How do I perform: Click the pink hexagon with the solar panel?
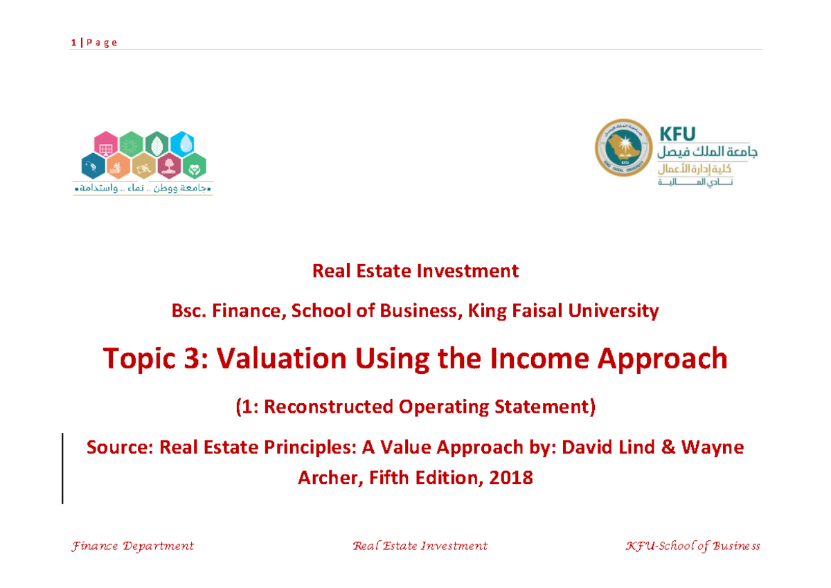click(106, 144)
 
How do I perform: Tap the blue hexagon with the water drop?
click(181, 144)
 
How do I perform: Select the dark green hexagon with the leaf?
click(157, 144)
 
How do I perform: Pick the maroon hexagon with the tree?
click(169, 166)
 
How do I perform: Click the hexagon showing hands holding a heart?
click(195, 166)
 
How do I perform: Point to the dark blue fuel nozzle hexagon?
click(93, 166)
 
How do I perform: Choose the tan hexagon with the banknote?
click(144, 166)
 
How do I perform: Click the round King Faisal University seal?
click(624, 148)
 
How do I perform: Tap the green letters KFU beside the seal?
click(677, 134)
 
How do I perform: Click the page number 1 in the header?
click(73, 43)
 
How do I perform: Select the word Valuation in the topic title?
click(281, 358)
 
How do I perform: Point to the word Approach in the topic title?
click(662, 359)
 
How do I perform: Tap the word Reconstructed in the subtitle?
click(328, 407)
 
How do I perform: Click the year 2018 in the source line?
click(511, 478)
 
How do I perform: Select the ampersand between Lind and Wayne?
click(668, 447)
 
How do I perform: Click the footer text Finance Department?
click(132, 546)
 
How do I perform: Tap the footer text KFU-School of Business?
click(692, 546)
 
